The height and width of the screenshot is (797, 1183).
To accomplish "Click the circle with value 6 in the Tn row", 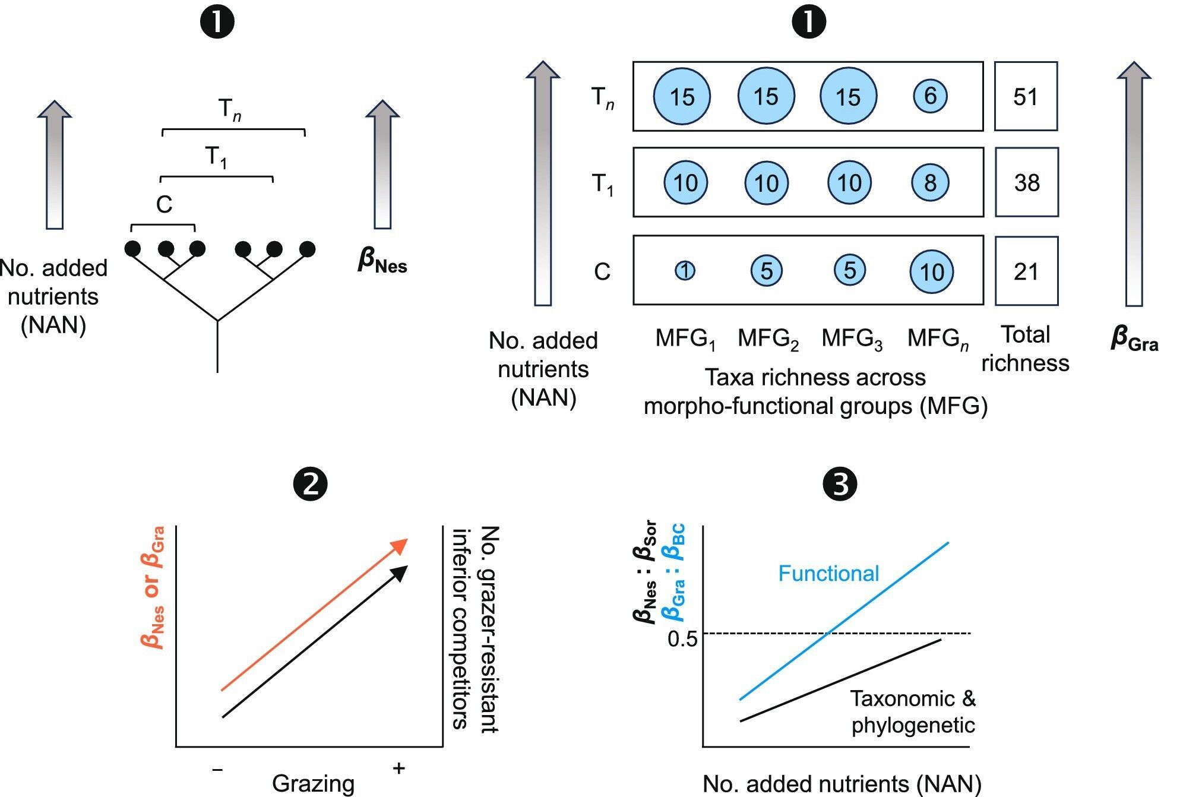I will pyautogui.click(x=930, y=96).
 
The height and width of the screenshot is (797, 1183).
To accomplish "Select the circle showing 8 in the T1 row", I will pyautogui.click(x=930, y=182).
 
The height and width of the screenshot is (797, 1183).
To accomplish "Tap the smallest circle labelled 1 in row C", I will pyautogui.click(x=685, y=271).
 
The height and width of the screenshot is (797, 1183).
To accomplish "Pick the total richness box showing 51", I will pyautogui.click(x=1026, y=96).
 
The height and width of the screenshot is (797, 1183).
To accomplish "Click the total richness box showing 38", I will pyautogui.click(x=1026, y=182).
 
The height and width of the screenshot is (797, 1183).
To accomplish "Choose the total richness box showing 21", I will pyautogui.click(x=1026, y=271).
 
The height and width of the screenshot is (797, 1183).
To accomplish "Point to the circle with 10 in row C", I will pyautogui.click(x=931, y=271).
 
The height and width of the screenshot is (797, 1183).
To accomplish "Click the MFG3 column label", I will pyautogui.click(x=852, y=339).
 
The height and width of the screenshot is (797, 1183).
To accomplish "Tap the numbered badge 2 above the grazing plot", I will pyautogui.click(x=310, y=484).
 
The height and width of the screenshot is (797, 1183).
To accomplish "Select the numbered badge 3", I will pyautogui.click(x=840, y=484).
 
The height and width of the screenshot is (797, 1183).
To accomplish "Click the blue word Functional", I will pyautogui.click(x=828, y=573).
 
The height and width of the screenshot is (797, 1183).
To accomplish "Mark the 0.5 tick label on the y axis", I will pyautogui.click(x=682, y=638).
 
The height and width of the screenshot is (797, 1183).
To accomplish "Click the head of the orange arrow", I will pyautogui.click(x=401, y=544).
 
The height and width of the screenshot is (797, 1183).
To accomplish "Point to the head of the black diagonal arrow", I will pyautogui.click(x=401, y=571).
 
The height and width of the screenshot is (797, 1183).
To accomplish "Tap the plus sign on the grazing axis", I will pyautogui.click(x=398, y=768).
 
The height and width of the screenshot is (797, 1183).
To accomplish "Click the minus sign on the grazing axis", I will pyautogui.click(x=217, y=770).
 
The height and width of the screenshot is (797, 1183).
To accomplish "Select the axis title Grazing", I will pyautogui.click(x=313, y=783).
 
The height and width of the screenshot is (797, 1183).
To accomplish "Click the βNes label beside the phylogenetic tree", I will pyautogui.click(x=382, y=261).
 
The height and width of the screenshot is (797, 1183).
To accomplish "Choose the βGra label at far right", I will pyautogui.click(x=1134, y=339).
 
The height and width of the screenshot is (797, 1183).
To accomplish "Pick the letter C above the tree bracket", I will pyautogui.click(x=164, y=205).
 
